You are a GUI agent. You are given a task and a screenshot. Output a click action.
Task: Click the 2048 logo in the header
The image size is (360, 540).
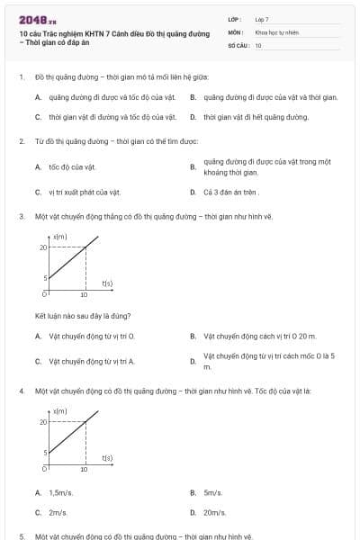click(x=37, y=19)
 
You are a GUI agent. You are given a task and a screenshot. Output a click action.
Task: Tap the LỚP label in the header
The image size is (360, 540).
click(x=236, y=19)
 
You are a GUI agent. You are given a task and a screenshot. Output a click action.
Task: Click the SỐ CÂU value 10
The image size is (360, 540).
click(x=258, y=44)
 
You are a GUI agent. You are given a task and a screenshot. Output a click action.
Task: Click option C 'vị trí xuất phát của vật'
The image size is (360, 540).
click(x=85, y=192)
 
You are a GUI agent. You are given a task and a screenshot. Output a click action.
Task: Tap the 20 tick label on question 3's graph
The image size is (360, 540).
click(x=43, y=247)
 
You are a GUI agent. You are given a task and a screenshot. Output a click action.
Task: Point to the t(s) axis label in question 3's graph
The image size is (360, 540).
click(x=107, y=283)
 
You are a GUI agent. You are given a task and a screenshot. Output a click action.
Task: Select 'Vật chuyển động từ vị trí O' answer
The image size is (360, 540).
click(x=91, y=337)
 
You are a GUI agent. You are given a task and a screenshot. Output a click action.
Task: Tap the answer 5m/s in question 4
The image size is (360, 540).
click(x=212, y=492)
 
